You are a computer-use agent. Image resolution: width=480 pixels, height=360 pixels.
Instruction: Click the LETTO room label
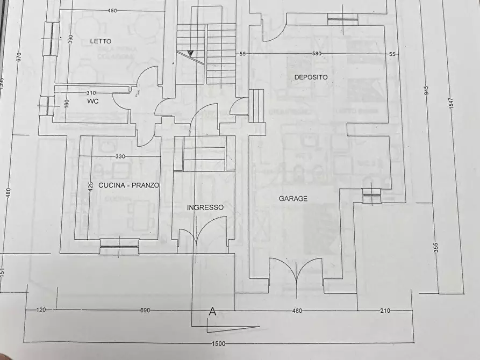[x=101, y=41]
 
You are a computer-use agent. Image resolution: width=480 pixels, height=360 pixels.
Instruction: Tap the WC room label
[x=94, y=100]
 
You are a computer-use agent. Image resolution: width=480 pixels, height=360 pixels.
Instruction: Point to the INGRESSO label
[x=205, y=207]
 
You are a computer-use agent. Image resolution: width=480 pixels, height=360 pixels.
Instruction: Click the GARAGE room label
[x=293, y=198]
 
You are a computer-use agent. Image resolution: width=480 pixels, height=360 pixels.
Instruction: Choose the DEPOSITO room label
[x=311, y=77]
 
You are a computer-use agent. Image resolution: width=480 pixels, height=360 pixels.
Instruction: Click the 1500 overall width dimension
[x=218, y=344]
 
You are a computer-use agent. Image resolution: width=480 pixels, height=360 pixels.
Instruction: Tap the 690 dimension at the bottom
[x=145, y=311]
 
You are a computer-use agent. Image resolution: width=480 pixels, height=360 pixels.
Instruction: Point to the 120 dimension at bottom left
[x=40, y=311]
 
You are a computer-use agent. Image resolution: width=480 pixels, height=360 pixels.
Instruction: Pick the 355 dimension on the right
[x=436, y=248]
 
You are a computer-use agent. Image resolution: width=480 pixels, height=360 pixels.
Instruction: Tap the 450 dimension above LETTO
[x=112, y=10]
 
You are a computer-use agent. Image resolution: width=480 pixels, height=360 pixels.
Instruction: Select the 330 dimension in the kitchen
[x=120, y=156]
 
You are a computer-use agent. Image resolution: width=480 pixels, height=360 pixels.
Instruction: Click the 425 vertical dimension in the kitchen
[x=91, y=186]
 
